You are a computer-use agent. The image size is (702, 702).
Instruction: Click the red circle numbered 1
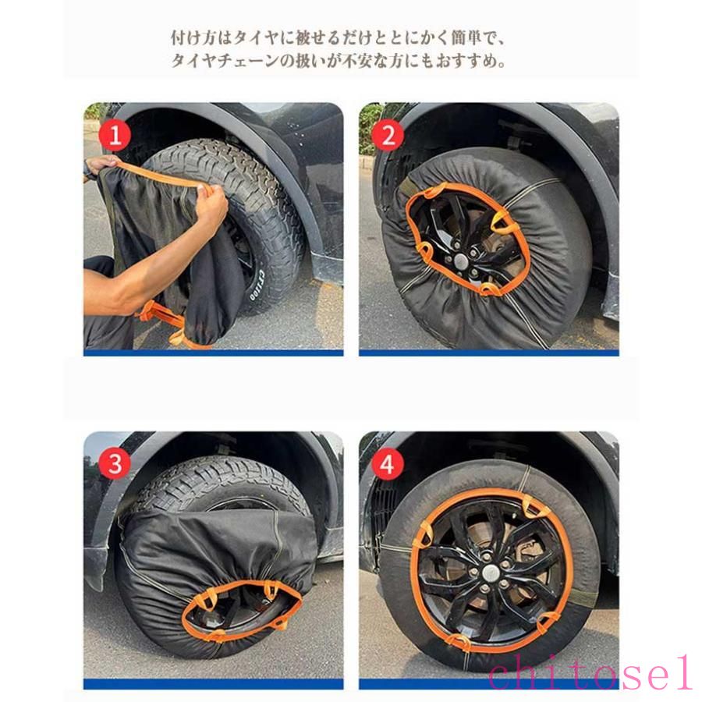[115, 135]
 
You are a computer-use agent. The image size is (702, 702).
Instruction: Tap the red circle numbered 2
[388, 135]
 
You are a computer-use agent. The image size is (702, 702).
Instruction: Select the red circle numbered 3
[115, 463]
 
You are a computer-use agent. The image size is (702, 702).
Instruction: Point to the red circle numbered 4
[388, 463]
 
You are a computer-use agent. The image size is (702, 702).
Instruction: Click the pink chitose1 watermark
[590, 672]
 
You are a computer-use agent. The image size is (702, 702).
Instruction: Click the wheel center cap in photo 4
[491, 572]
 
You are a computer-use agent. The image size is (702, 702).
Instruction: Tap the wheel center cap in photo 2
[461, 259]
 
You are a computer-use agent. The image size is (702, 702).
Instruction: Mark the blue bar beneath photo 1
[214, 353]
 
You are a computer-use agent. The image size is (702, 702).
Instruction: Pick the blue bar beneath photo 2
[489, 353]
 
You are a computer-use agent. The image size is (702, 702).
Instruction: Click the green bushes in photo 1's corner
[95, 111]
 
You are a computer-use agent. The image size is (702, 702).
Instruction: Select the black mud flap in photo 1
[328, 268]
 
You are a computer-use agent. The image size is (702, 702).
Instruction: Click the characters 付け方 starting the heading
[193, 37]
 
